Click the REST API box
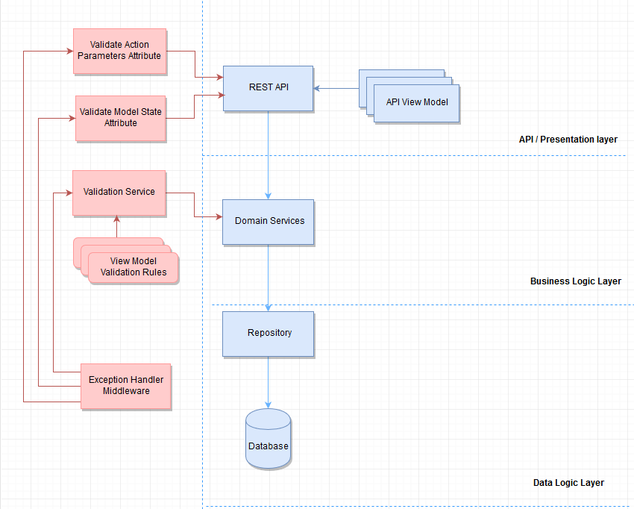pyautogui.click(x=269, y=88)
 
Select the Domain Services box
pyautogui.click(x=269, y=222)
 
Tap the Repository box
pyautogui.click(x=269, y=333)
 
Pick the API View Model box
pyautogui.click(x=417, y=102)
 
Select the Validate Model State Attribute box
pyautogui.click(x=120, y=118)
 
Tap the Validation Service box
pyautogui.click(x=119, y=193)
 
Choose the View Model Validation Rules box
pyautogui.click(x=134, y=267)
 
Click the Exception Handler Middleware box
pyautogui.click(x=125, y=386)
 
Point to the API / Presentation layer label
pyautogui.click(x=568, y=140)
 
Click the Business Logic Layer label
pyautogui.click(x=575, y=281)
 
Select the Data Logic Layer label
pyautogui.click(x=568, y=483)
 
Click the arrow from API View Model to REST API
pyautogui.click(x=336, y=89)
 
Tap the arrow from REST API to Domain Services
pyautogui.click(x=269, y=155)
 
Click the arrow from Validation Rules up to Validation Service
pyautogui.click(x=117, y=227)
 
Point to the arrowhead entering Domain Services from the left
pyautogui.click(x=219, y=217)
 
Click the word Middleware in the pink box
pyautogui.click(x=126, y=391)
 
